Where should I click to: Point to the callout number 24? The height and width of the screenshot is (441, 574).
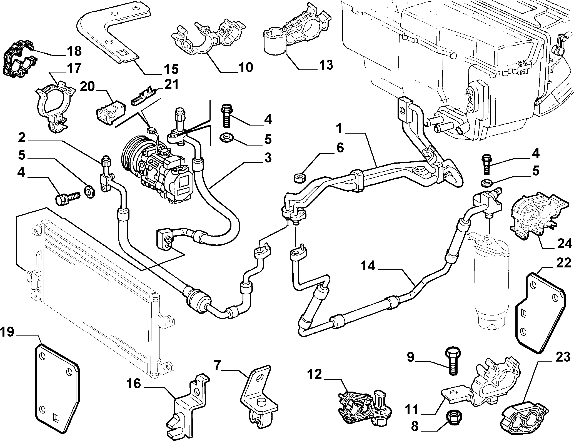click(x=564, y=244)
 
